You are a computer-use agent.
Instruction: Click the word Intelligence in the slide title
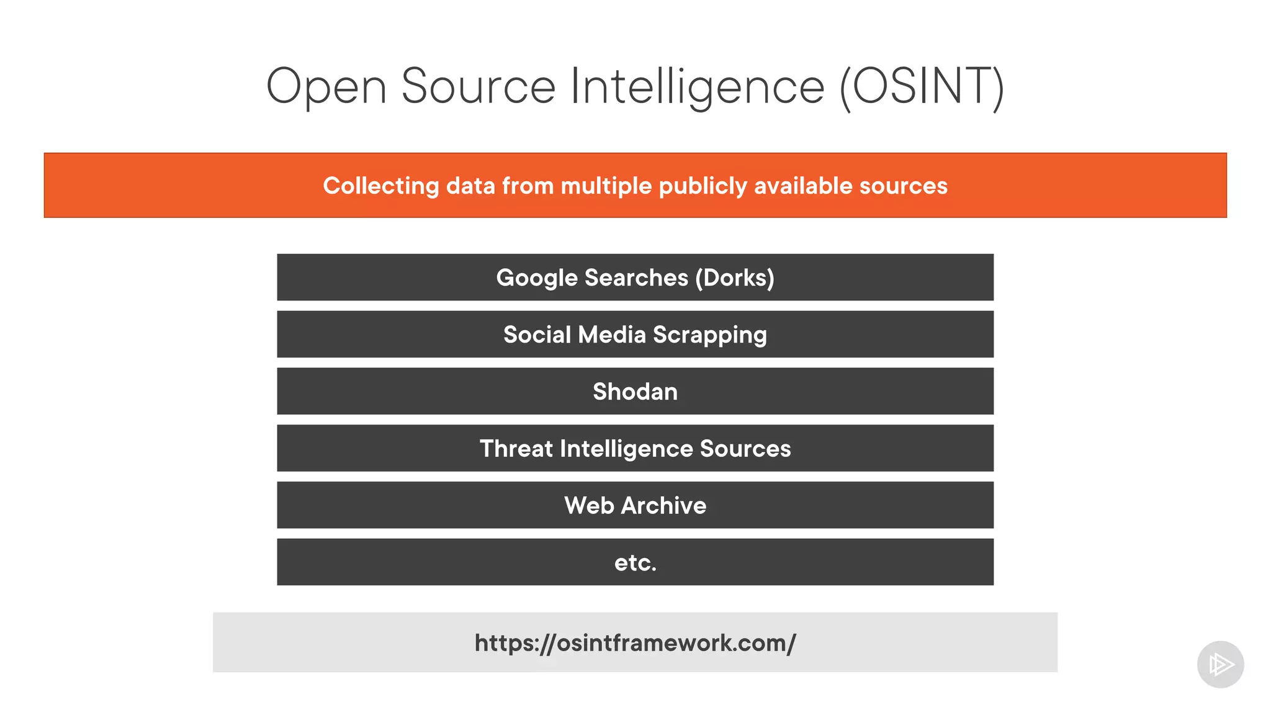pyautogui.click(x=697, y=86)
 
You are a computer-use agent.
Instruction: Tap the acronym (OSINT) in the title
pyautogui.click(x=922, y=86)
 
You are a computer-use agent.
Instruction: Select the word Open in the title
pyautogui.click(x=326, y=86)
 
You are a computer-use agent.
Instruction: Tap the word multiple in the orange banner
pyautogui.click(x=606, y=186)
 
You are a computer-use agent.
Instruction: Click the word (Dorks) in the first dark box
pyautogui.click(x=735, y=277)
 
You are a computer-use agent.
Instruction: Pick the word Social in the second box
pyautogui.click(x=537, y=335)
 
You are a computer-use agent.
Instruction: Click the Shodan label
pyautogui.click(x=635, y=392)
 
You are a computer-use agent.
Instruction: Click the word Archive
pyautogui.click(x=663, y=506)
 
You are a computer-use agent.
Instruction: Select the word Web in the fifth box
pyautogui.click(x=589, y=506)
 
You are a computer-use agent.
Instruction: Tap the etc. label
pyautogui.click(x=635, y=563)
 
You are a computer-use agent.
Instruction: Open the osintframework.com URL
pyautogui.click(x=635, y=643)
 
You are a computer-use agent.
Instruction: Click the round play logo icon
pyautogui.click(x=1220, y=665)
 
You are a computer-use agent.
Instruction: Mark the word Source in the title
pyautogui.click(x=478, y=86)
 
